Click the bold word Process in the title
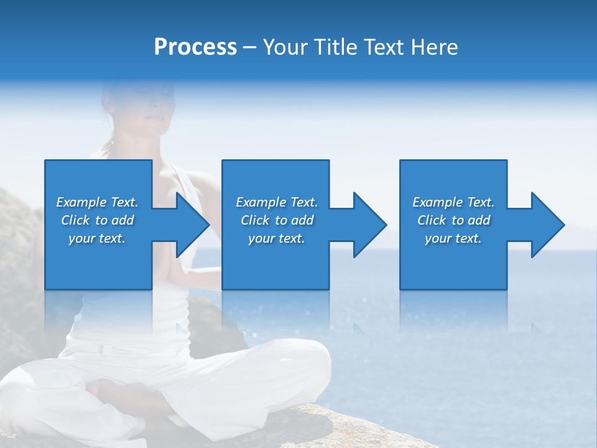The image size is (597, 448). click(195, 47)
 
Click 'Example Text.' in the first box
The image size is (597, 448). click(97, 202)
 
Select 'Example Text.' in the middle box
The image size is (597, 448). click(277, 202)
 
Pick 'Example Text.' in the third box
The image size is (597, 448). click(453, 202)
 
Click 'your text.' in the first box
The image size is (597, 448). click(97, 238)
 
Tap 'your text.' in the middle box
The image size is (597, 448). click(277, 238)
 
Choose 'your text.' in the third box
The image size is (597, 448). click(453, 238)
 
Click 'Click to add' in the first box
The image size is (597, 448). click(97, 220)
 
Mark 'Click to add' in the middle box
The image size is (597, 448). click(277, 220)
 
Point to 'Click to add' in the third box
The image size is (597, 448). click(453, 220)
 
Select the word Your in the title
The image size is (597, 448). click(284, 47)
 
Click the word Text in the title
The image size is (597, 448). click(382, 47)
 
